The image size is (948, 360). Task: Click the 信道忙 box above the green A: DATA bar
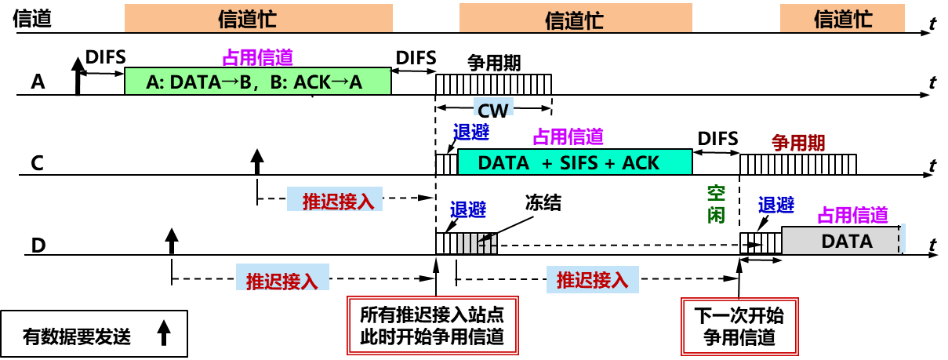coord(258,19)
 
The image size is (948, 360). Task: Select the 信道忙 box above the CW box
coord(575,19)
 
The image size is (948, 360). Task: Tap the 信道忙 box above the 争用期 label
coord(842,19)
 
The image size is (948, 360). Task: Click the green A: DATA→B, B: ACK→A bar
coord(257,82)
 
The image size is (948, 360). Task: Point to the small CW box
coord(493,107)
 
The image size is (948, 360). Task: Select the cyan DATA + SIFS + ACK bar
coord(575,162)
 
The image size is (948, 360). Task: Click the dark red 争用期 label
coord(798,143)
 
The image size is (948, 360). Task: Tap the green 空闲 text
coord(716,204)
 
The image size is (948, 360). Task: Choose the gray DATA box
coord(841,241)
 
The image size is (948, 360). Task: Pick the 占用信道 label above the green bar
coord(257,57)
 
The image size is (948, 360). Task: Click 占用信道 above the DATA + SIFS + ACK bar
coord(568,137)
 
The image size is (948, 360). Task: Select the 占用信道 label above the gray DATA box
coord(852,214)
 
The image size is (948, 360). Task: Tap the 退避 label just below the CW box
coord(470,132)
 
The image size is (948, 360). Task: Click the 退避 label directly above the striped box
coord(467,209)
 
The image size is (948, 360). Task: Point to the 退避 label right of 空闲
coord(775,205)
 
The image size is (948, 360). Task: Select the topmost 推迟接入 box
coord(335,200)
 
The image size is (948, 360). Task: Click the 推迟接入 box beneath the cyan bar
coord(592,280)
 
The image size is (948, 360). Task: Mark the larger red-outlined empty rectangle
coord(433,325)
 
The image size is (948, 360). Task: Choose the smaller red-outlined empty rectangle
coord(739,326)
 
